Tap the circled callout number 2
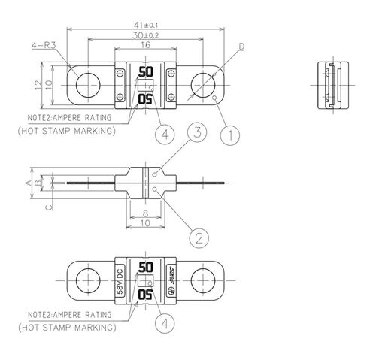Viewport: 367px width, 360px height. pos(198,237)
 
